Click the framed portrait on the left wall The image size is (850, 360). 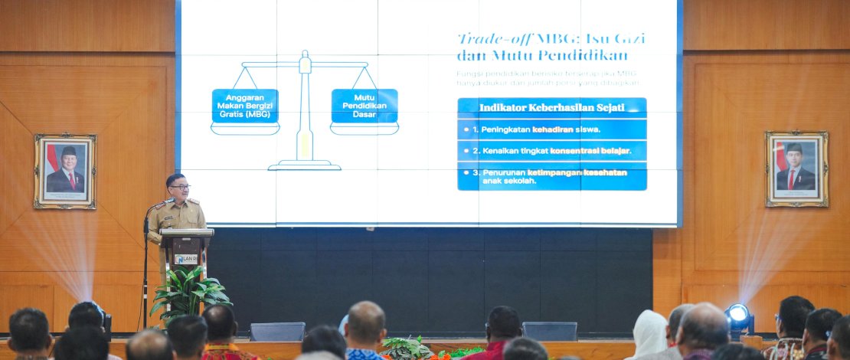click(65, 171)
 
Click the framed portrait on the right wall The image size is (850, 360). click(796, 169)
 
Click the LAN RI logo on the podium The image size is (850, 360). click(186, 259)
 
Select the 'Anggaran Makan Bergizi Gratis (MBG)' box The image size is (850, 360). click(245, 106)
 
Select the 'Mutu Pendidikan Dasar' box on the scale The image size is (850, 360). click(365, 106)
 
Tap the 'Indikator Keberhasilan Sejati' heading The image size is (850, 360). click(551, 107)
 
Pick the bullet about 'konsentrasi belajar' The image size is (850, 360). click(551, 151)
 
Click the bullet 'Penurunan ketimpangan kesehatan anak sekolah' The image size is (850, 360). click(551, 177)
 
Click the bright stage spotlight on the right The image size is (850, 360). click(738, 313)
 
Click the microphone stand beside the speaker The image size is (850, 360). click(145, 268)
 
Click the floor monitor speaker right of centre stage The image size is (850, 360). click(549, 331)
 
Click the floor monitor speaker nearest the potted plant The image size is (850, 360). click(277, 331)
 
